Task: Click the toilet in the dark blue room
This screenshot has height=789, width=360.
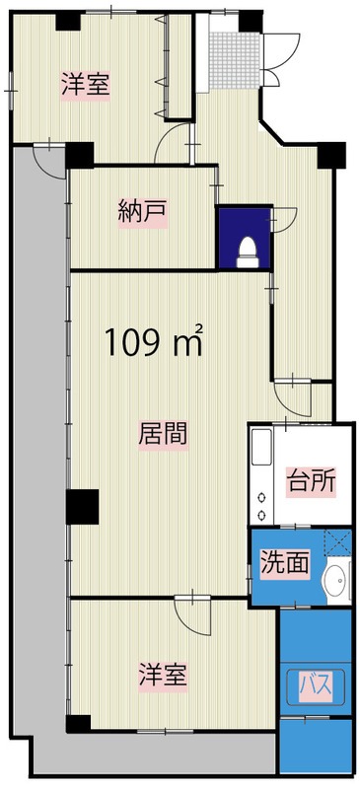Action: pos(248,251)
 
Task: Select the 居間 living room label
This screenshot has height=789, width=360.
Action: pos(163,435)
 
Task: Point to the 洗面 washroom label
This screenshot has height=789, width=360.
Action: pos(284,564)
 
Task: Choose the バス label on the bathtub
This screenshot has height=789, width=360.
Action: pos(317,685)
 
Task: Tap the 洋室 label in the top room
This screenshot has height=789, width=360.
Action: pos(86,86)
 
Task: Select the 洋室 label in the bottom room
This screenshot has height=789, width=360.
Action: pos(163,677)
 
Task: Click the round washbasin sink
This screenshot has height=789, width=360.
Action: pos(334,581)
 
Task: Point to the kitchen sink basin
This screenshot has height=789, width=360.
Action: pos(261,447)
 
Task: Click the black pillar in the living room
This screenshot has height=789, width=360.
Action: pos(82,507)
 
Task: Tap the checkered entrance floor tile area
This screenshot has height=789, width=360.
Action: pos(234,60)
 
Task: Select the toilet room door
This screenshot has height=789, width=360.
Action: pos(283,219)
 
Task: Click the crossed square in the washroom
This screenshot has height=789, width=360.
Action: pos(338,542)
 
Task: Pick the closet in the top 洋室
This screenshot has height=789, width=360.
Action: pos(179,66)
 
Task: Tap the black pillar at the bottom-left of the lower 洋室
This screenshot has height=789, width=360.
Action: pos(79,723)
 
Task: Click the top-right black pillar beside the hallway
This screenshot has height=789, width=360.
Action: pos(331,155)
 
